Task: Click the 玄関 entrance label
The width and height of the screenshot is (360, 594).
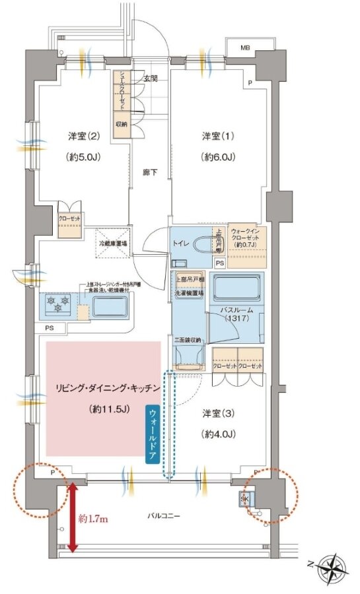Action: coord(150,78)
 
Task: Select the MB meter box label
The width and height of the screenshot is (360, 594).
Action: coord(244,48)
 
